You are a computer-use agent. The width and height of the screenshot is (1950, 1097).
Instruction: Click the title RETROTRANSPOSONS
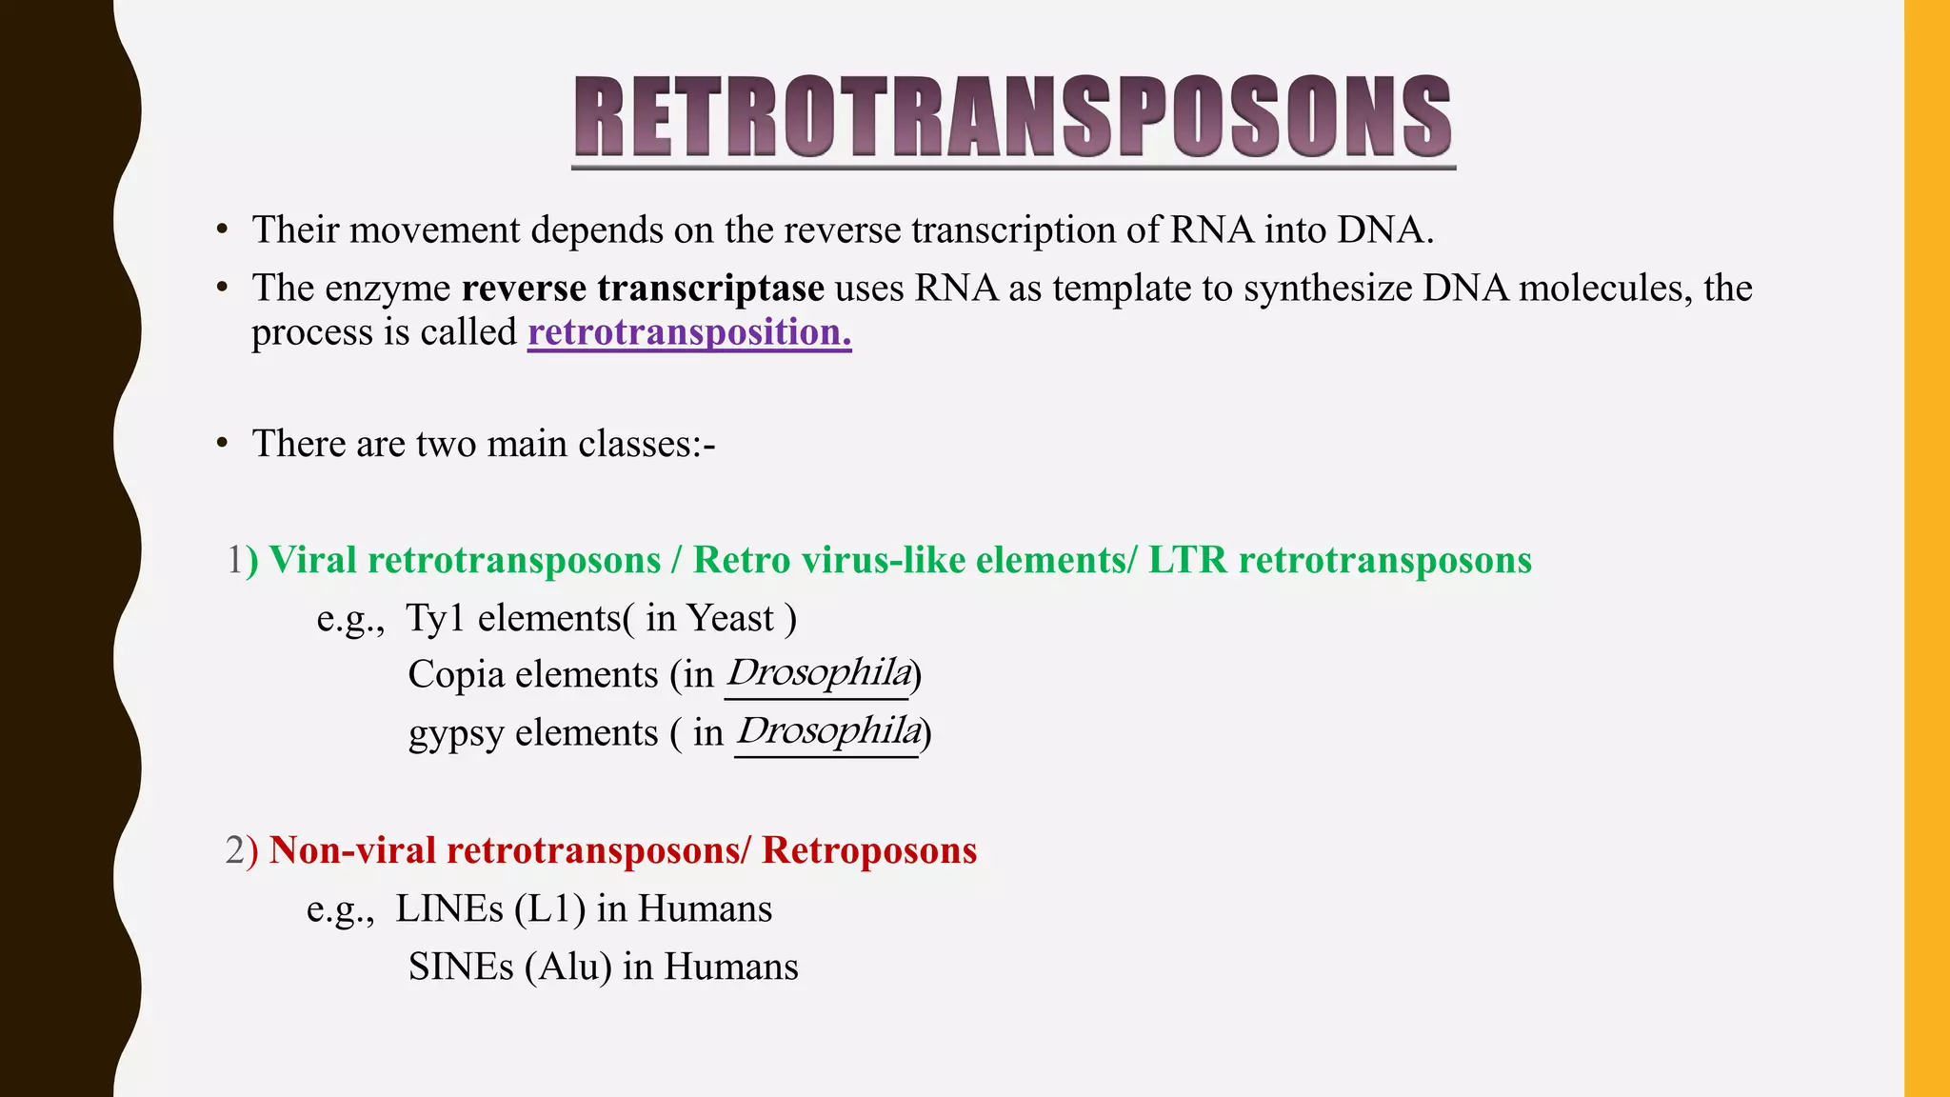coord(1013,117)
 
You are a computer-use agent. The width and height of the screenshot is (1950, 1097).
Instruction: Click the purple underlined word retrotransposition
coord(688,332)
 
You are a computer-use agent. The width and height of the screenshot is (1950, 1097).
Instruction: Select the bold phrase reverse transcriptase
coord(643,288)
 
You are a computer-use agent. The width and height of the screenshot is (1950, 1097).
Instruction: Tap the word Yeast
coord(730,619)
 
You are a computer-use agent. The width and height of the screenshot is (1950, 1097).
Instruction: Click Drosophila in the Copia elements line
coord(818,673)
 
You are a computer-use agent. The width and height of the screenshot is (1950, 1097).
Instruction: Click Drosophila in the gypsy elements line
coord(827,731)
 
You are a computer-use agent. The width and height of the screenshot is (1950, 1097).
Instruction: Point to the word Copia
coord(456,675)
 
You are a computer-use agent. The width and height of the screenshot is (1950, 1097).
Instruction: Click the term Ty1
coord(434,619)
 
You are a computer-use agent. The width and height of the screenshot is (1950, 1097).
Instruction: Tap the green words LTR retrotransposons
coord(1340,560)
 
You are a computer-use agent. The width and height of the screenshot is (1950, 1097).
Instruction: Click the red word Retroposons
coord(869,850)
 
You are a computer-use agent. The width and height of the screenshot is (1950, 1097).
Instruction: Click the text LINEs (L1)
coord(490,908)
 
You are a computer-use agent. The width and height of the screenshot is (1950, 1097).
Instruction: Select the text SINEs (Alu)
coord(509,967)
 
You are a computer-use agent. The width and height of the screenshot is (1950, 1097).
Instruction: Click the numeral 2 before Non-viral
coord(234,850)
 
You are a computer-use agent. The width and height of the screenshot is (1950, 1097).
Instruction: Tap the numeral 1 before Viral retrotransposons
coord(234,560)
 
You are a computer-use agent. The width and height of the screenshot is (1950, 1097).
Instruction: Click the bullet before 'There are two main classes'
coord(222,444)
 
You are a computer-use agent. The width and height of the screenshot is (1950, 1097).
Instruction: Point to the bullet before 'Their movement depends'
coord(222,229)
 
